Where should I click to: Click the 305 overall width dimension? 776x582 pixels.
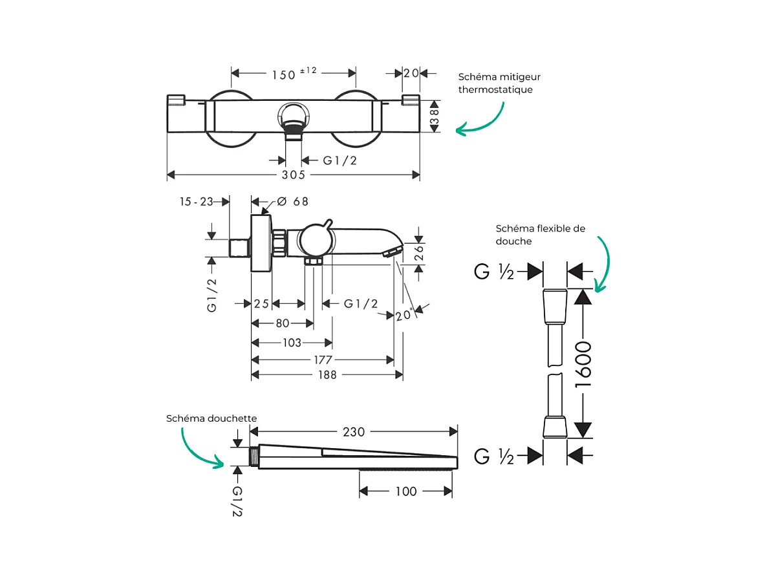tap(294, 175)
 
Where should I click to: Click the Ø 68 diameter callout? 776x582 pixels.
tap(293, 202)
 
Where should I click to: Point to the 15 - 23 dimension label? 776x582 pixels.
tap(197, 202)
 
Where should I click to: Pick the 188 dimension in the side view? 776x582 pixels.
tap(328, 375)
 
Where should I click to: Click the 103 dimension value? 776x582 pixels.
tap(292, 343)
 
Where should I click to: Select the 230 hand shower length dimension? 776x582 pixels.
tap(353, 432)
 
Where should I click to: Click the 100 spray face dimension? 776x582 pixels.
tap(405, 492)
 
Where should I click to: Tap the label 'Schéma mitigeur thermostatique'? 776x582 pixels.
tap(495, 83)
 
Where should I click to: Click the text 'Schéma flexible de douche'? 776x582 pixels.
tap(540, 234)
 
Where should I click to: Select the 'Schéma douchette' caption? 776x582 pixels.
tap(211, 418)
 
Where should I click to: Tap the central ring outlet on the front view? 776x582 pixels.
tap(294, 117)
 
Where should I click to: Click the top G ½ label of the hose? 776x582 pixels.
tap(495, 272)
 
